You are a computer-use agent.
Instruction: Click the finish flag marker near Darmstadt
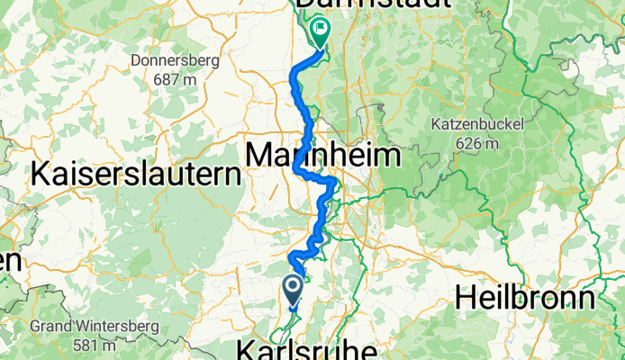point(320,33)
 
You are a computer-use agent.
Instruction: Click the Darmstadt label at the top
point(372,4)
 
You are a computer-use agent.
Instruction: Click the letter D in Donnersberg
point(135,61)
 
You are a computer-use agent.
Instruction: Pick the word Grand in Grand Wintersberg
point(50,326)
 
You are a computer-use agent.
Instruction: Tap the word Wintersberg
point(103,326)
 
